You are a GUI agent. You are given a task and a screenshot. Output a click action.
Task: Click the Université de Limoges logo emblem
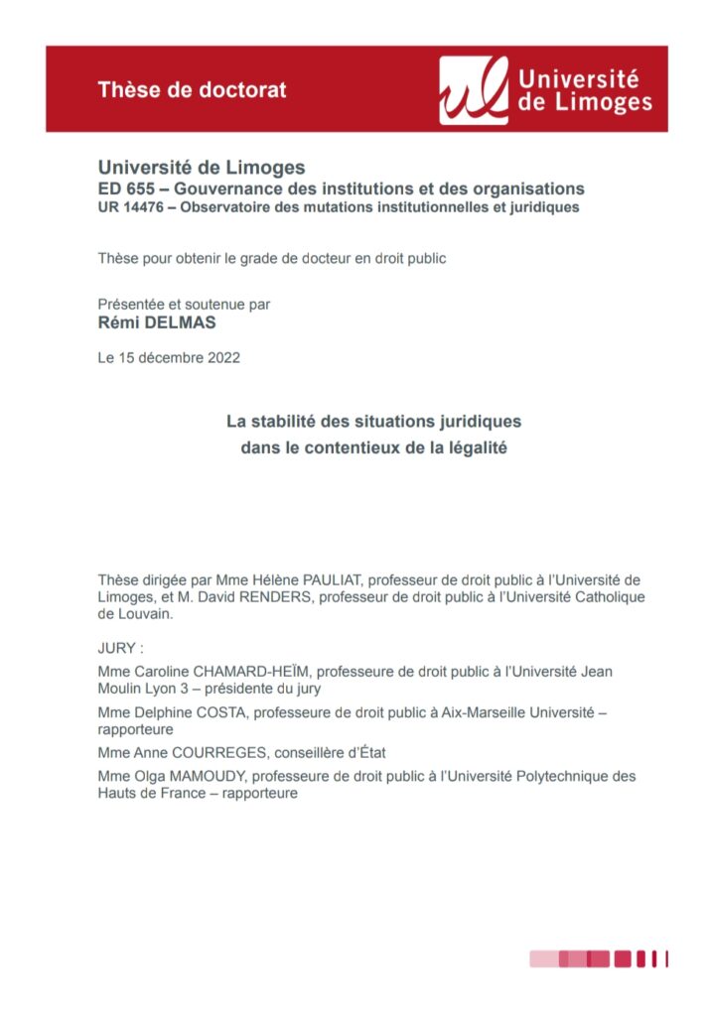click(474, 89)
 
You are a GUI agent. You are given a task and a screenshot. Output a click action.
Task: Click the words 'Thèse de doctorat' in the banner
click(192, 89)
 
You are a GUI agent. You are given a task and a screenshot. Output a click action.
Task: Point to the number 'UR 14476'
click(130, 207)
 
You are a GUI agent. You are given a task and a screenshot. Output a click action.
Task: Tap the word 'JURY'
click(118, 648)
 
